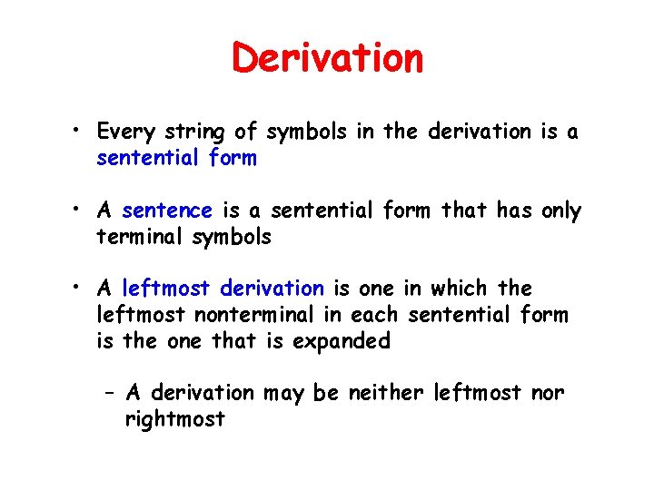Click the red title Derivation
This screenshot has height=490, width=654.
tap(327, 58)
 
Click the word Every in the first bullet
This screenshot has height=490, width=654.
tap(125, 132)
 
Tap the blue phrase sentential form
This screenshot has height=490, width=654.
tap(176, 158)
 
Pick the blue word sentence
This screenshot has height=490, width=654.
tap(166, 211)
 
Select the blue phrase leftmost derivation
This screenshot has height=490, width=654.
tap(223, 289)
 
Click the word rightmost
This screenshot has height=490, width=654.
tap(174, 419)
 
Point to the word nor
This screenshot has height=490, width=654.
tap(547, 393)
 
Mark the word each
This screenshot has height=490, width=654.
tap(381, 315)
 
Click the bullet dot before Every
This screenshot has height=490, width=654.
tap(81, 132)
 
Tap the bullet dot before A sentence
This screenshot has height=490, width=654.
tap(81, 211)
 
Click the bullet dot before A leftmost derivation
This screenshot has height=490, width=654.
tap(81, 289)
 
